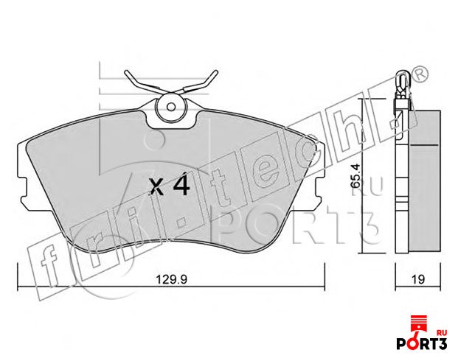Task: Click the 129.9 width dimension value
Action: click(x=171, y=279)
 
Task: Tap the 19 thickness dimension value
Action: click(x=418, y=279)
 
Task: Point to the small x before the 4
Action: click(x=156, y=187)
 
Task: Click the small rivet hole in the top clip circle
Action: click(x=171, y=107)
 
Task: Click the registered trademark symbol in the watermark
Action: click(x=420, y=74)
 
